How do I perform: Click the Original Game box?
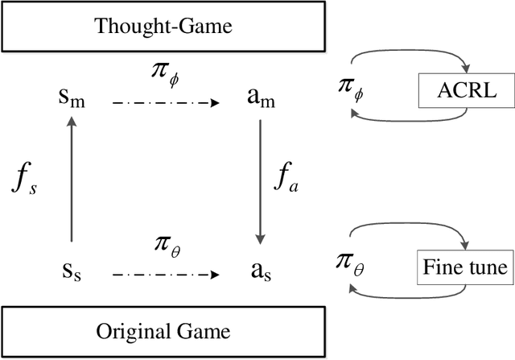(x=164, y=331)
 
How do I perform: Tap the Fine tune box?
(x=465, y=267)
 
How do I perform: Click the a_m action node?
(x=259, y=99)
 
